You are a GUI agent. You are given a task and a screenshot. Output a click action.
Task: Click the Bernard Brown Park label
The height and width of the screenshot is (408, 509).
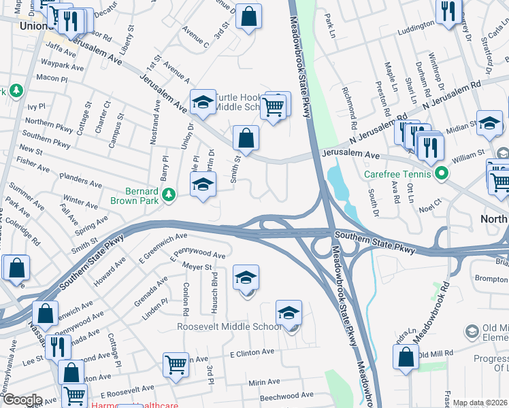(x=136, y=197)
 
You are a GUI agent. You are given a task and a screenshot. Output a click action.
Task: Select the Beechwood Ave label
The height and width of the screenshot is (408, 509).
(x=287, y=394)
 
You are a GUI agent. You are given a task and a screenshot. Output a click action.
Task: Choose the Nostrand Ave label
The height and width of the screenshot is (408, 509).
(x=156, y=122)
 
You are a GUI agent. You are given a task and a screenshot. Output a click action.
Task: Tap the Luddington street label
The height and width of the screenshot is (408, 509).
(x=414, y=28)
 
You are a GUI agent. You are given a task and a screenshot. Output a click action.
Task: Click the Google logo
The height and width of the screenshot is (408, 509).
(x=22, y=400)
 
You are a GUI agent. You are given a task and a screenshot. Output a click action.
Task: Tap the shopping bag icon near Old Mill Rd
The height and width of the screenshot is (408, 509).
(x=406, y=356)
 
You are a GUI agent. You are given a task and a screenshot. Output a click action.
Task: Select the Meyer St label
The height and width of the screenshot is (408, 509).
(x=199, y=268)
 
